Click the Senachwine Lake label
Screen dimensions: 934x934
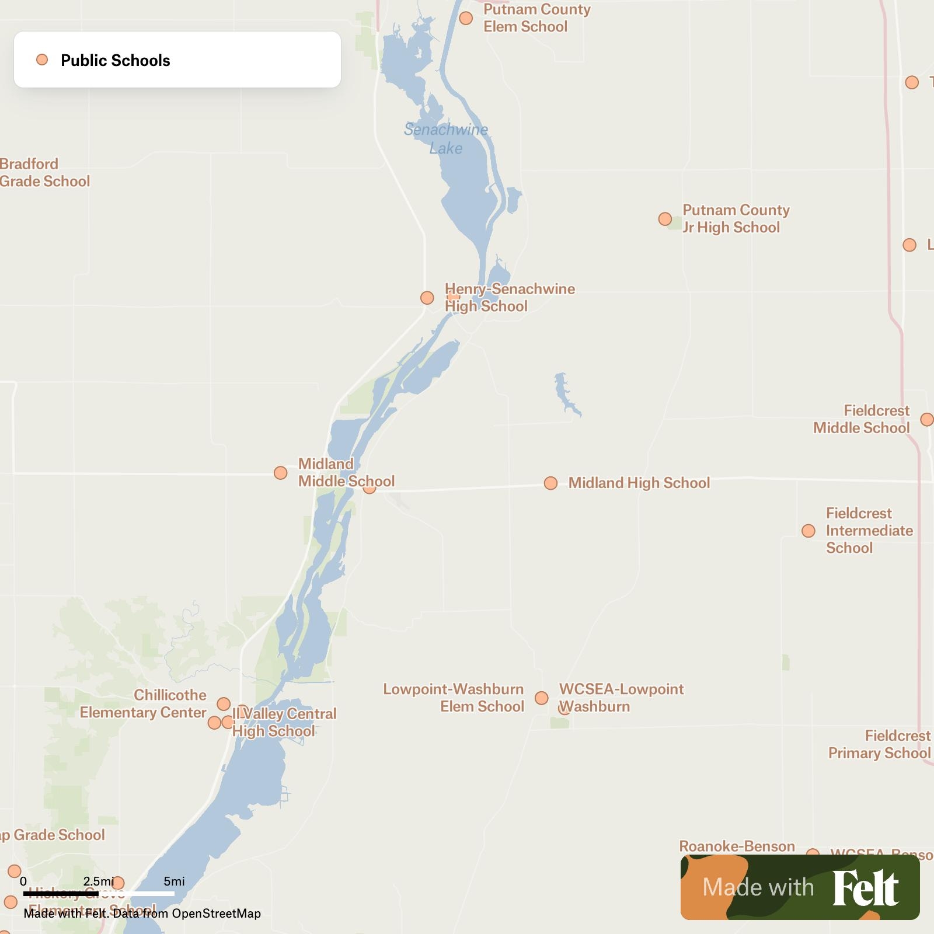(446, 139)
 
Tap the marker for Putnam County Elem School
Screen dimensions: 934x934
(466, 18)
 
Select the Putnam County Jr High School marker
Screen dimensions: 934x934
(665, 219)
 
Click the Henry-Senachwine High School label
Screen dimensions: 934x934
(510, 298)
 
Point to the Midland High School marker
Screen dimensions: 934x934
(550, 483)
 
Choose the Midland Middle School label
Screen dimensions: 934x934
(346, 473)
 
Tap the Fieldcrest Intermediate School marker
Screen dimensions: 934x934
(808, 531)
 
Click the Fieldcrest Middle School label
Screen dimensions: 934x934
(862, 419)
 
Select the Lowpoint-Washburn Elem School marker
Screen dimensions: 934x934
(542, 698)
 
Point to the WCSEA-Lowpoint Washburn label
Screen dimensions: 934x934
(621, 698)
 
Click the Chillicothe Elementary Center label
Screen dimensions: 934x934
(143, 704)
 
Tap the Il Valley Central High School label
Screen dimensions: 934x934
(284, 723)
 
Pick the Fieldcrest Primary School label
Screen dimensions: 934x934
(880, 744)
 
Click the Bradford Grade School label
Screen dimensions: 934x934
(45, 173)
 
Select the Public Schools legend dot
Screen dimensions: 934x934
(42, 60)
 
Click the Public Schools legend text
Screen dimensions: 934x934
(116, 60)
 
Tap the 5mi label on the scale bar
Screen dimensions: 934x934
(174, 881)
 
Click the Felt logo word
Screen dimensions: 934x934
(865, 888)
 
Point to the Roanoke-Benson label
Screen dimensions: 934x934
(737, 846)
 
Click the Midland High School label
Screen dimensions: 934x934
(639, 483)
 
